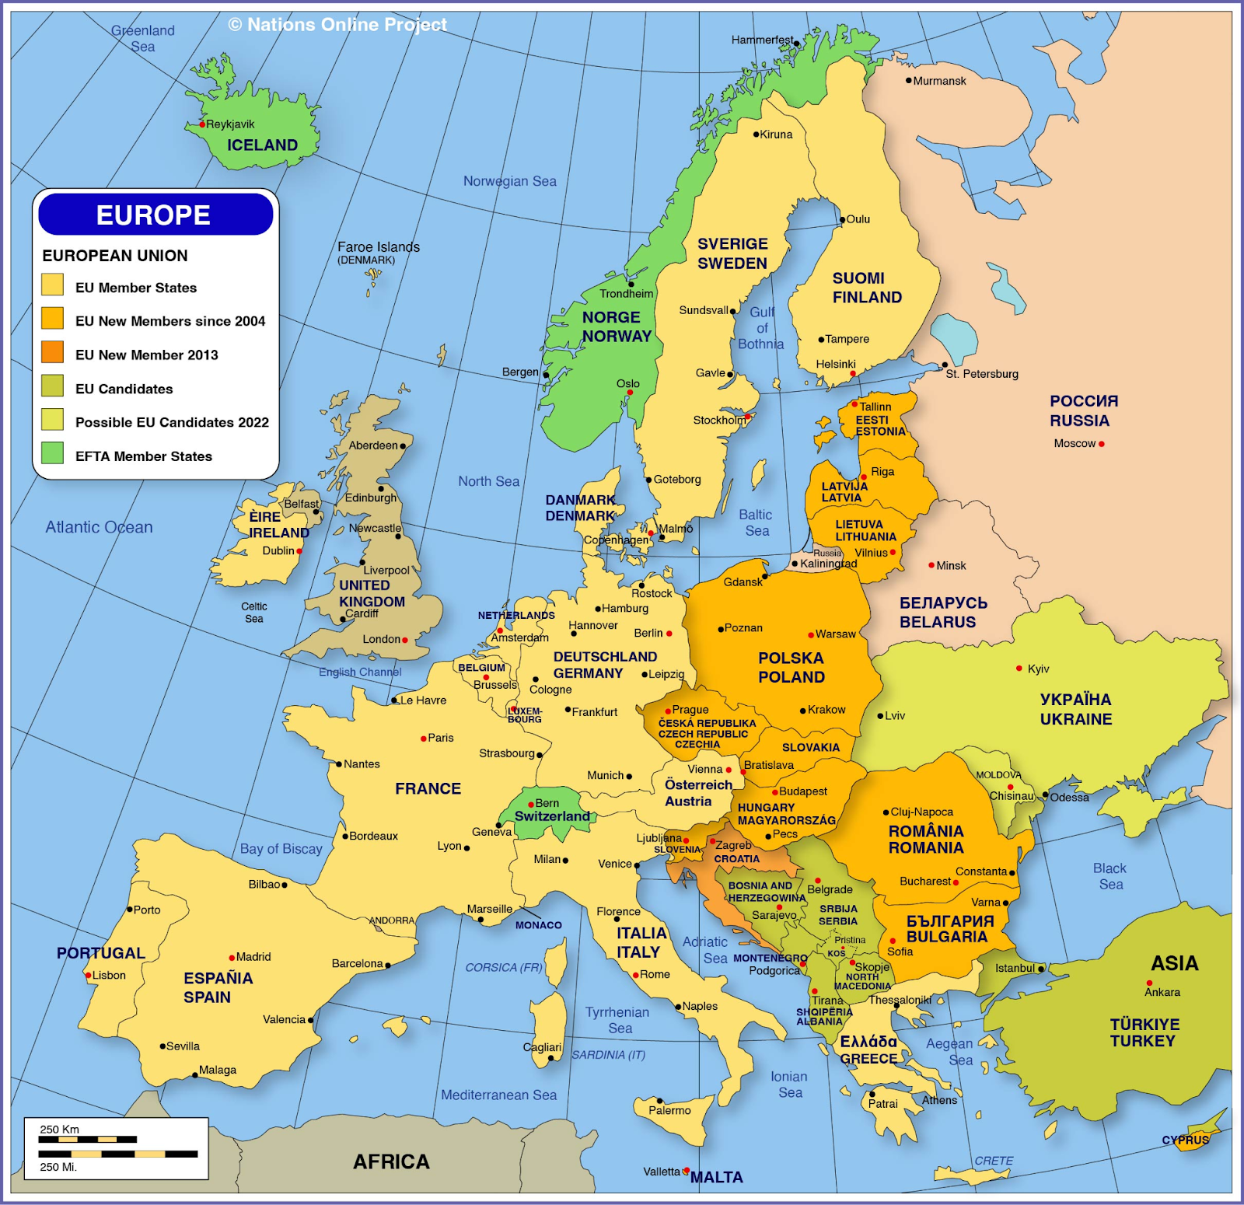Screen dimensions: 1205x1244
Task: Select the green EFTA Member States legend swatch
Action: click(52, 453)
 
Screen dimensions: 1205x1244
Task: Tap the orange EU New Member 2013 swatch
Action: click(52, 352)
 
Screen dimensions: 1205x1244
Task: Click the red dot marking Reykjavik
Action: click(202, 124)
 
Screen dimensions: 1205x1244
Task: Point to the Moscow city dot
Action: click(1101, 444)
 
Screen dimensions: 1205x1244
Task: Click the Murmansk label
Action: click(939, 81)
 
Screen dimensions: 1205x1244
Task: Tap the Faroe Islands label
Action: click(378, 247)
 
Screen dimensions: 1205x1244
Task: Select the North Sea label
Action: click(488, 481)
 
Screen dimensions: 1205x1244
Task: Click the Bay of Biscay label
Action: click(281, 849)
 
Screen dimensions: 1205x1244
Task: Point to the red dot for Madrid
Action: click(232, 958)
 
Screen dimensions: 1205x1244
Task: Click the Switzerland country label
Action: click(552, 816)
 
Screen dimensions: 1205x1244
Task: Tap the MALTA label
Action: click(716, 1178)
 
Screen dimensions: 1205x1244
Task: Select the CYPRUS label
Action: click(1185, 1140)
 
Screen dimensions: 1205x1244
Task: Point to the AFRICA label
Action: click(391, 1161)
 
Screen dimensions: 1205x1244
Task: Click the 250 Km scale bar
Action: click(88, 1140)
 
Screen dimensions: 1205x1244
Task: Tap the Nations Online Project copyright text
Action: click(337, 25)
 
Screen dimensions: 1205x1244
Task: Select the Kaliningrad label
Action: click(828, 564)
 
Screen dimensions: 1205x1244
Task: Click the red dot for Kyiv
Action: click(1019, 669)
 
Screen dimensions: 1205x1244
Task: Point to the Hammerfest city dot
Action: click(797, 44)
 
